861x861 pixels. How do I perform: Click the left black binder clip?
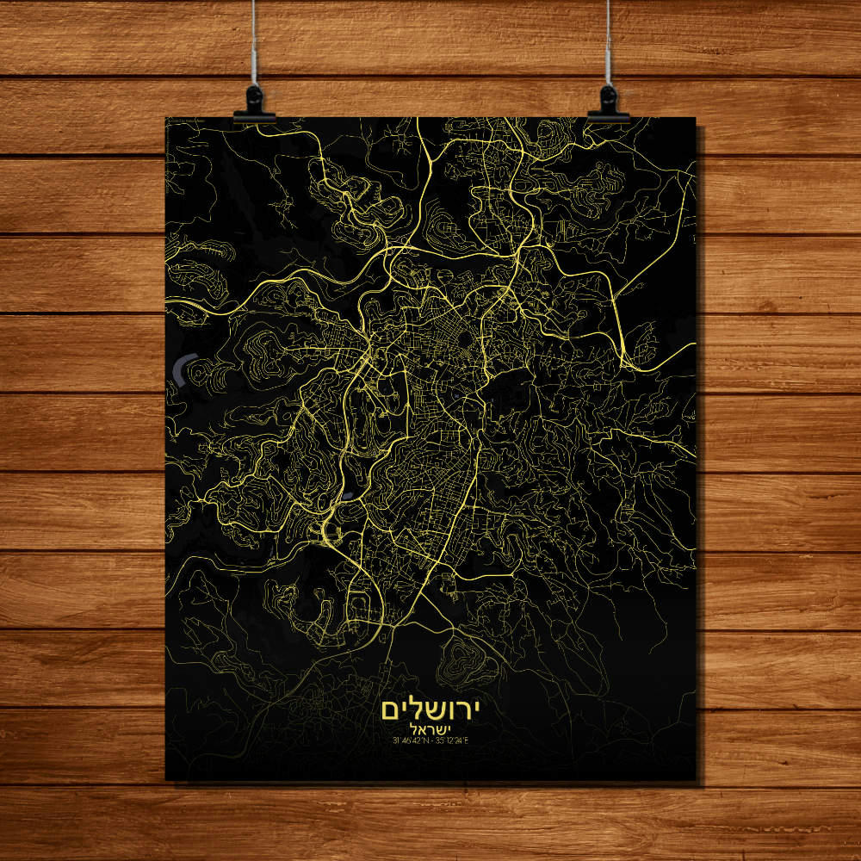(254, 103)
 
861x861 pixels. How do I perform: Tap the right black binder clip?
(609, 103)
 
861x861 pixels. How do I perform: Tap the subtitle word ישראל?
(430, 729)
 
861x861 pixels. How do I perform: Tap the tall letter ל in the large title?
(412, 708)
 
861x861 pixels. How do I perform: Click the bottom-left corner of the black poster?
(165, 780)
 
